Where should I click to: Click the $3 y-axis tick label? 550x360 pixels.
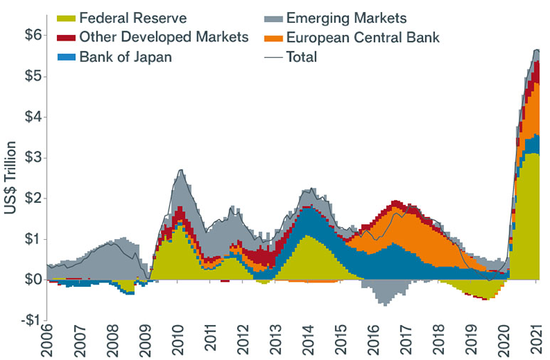[x=25, y=157]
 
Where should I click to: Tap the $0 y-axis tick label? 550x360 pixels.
[x=25, y=280]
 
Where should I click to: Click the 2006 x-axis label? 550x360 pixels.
[x=47, y=343]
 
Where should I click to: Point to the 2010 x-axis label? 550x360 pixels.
[x=178, y=343]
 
